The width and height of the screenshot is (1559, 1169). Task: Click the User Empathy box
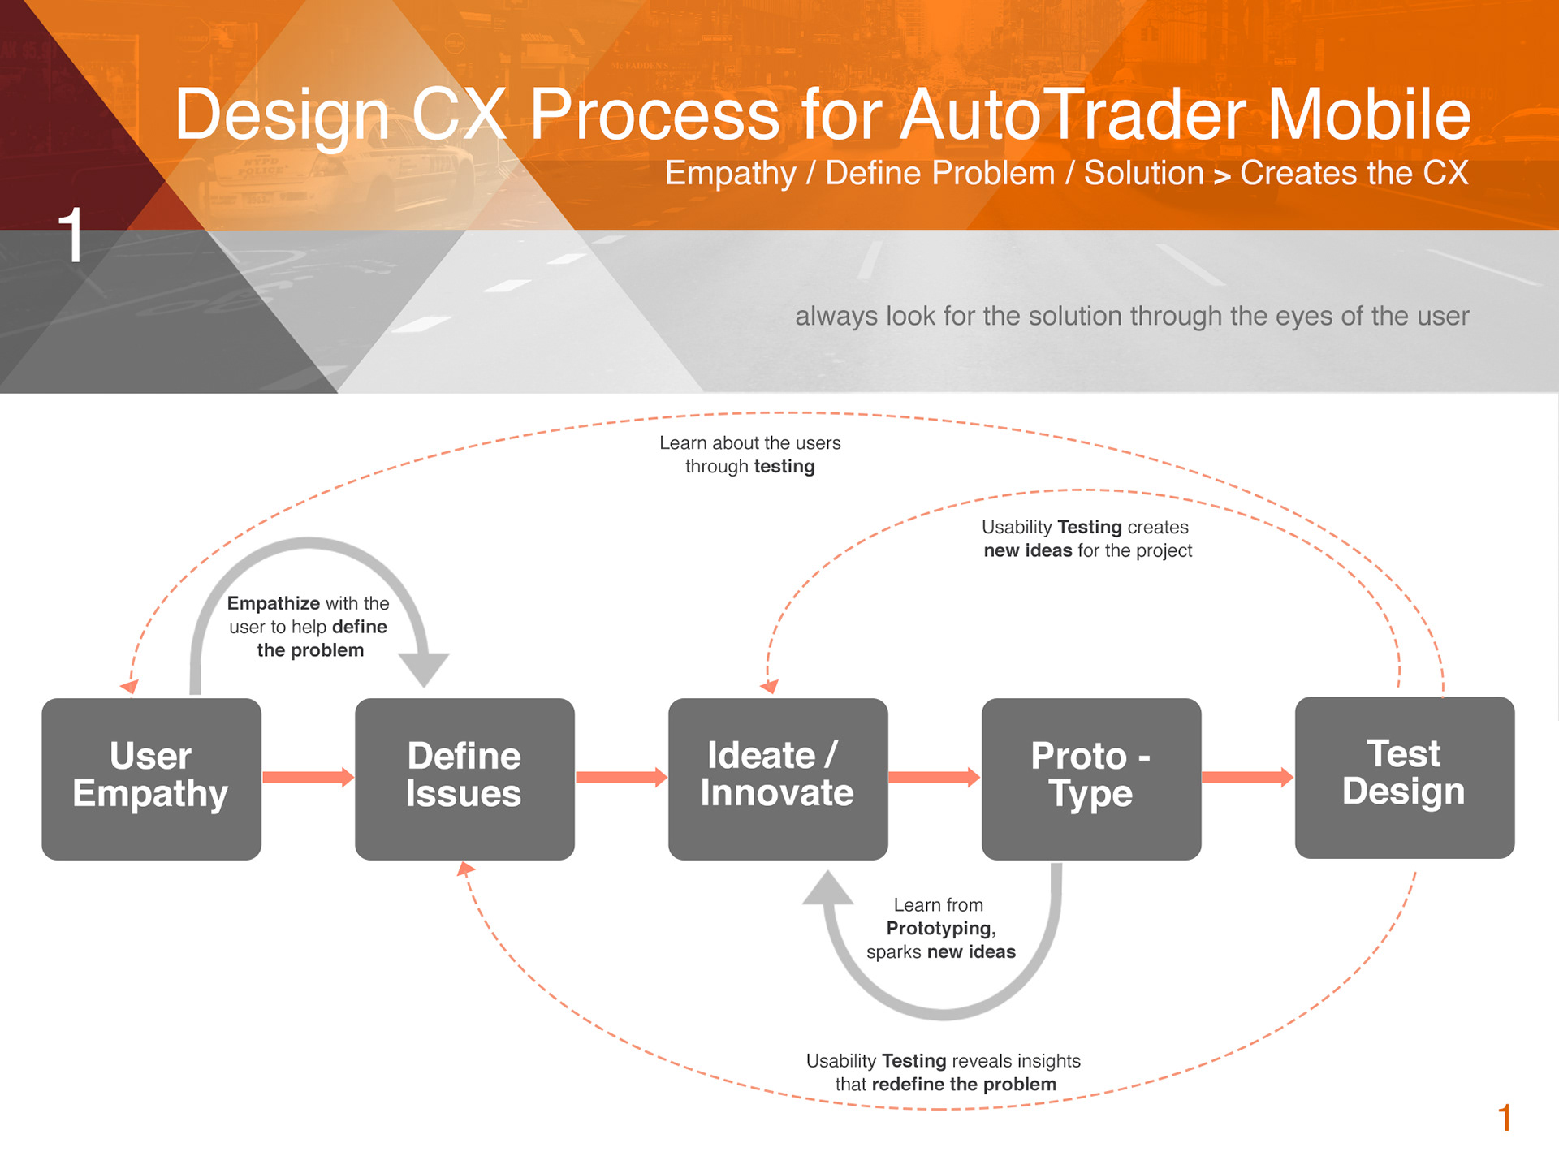151,779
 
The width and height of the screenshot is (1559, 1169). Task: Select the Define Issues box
464,779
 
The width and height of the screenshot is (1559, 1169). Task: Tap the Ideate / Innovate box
778,779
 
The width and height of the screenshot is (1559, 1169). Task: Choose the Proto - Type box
1091,779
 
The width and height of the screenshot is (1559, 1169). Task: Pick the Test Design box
1405,777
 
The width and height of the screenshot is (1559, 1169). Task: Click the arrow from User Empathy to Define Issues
309,777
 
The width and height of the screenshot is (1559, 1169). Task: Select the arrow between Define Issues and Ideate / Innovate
622,777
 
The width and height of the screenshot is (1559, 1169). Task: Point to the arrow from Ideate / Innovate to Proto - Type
935,777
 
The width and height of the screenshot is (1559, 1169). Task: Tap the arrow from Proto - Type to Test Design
1248,777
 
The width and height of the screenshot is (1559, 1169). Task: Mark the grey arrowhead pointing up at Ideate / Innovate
827,887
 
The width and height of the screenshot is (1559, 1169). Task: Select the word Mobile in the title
1370,114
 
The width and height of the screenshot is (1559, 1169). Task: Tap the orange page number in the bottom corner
1505,1118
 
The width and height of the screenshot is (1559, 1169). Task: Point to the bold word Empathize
274,603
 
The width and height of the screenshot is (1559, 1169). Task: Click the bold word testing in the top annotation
784,467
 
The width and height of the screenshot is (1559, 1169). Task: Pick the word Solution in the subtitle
1144,173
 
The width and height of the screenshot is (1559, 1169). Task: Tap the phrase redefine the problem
964,1085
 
